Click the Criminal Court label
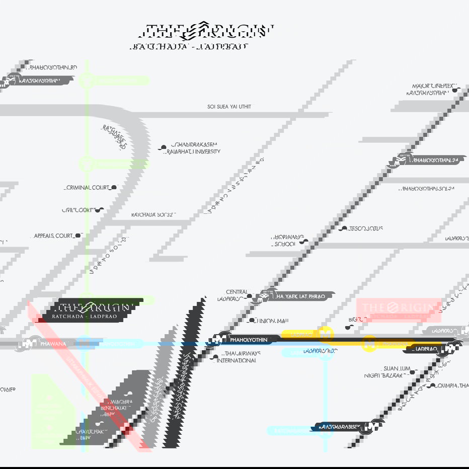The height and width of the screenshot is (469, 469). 88,188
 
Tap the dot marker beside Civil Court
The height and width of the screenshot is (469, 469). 101,210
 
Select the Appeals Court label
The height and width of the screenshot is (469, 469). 53,236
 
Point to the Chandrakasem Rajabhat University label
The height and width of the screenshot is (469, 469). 196,148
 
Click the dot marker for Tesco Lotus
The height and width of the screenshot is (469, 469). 344,228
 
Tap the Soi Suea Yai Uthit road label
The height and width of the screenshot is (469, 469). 229,107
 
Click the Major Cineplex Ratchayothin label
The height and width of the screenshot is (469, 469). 429,90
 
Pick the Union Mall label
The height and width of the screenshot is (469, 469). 272,321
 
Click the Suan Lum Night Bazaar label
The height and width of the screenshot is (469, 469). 386,372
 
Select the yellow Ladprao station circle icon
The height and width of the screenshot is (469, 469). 326,334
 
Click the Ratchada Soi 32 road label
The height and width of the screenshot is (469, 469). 152,215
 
